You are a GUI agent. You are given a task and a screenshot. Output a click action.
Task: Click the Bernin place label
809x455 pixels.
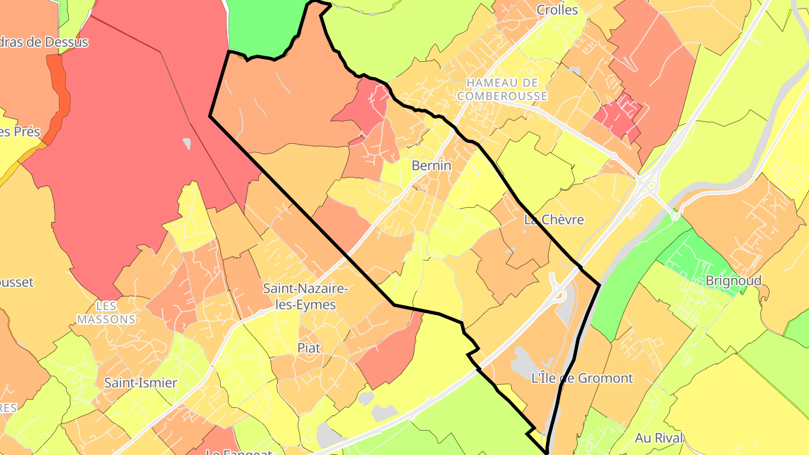coord(431,166)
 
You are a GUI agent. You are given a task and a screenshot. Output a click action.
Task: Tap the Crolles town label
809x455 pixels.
coord(557,10)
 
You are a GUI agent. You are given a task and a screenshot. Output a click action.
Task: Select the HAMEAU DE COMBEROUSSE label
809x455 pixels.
coord(502,89)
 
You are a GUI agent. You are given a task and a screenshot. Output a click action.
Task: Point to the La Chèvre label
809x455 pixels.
coord(553,220)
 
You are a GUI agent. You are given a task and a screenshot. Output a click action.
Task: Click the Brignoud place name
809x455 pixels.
coord(733,280)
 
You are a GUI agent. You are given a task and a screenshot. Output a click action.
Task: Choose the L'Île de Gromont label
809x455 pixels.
coord(581,378)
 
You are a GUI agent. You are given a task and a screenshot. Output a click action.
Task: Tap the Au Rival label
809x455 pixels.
coord(659,438)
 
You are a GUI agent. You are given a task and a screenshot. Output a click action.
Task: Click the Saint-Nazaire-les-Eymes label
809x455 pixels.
coord(306,297)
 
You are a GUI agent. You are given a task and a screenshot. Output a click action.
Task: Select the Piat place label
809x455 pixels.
coord(308,348)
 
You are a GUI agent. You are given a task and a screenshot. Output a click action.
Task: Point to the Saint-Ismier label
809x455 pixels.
coord(140,383)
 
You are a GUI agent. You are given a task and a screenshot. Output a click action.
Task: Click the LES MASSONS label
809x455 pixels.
coord(106,313)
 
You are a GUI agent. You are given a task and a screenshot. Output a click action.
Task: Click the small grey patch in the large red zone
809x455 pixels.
coord(187,143)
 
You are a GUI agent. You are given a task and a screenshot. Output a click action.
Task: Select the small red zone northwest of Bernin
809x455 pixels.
coord(366,107)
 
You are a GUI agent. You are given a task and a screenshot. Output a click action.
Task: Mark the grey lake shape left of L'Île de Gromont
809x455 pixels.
coord(522,362)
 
